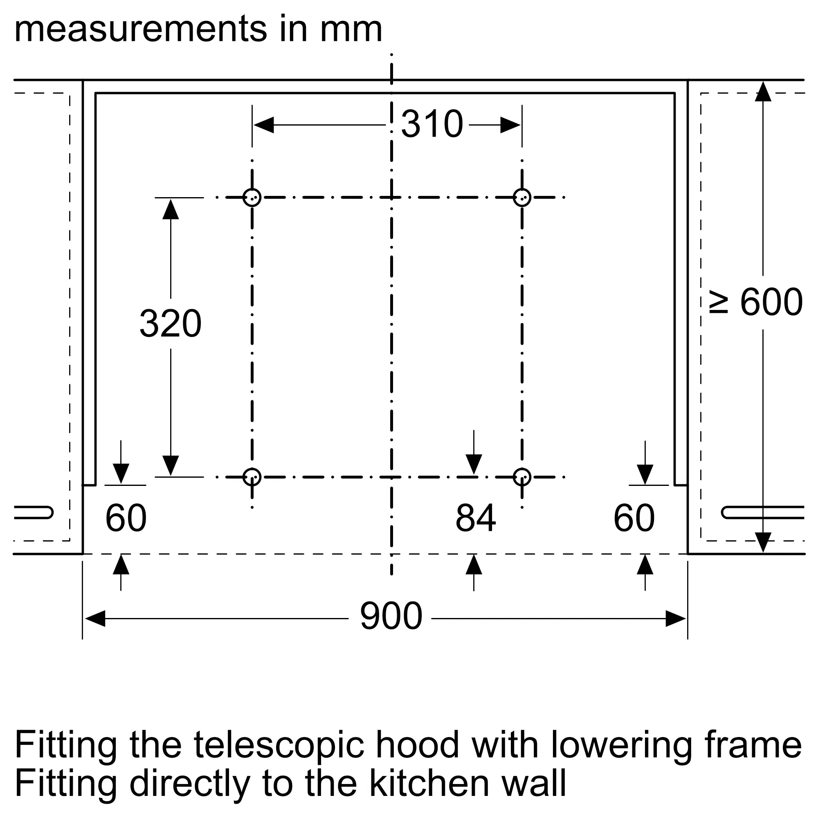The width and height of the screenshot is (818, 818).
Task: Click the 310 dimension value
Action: [432, 124]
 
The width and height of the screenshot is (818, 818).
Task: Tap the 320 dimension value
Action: [171, 324]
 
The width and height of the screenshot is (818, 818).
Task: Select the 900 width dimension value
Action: [391, 616]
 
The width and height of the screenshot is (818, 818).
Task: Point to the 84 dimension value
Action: [476, 518]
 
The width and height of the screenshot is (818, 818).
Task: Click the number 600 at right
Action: [771, 302]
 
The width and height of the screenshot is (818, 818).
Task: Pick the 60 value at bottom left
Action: [126, 518]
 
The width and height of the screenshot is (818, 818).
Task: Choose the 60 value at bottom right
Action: [634, 518]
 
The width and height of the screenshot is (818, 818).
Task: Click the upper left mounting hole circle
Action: [252, 189]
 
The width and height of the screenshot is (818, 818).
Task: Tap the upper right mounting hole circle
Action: [522, 189]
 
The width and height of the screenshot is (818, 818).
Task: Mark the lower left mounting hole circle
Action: [252, 469]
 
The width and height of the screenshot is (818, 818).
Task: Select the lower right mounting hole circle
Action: [522, 469]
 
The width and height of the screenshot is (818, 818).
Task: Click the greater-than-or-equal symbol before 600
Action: [719, 303]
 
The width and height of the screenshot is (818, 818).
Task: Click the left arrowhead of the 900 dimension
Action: [95, 618]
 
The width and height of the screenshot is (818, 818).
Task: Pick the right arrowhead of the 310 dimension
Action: [510, 125]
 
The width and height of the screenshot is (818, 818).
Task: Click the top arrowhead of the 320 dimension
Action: [171, 209]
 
